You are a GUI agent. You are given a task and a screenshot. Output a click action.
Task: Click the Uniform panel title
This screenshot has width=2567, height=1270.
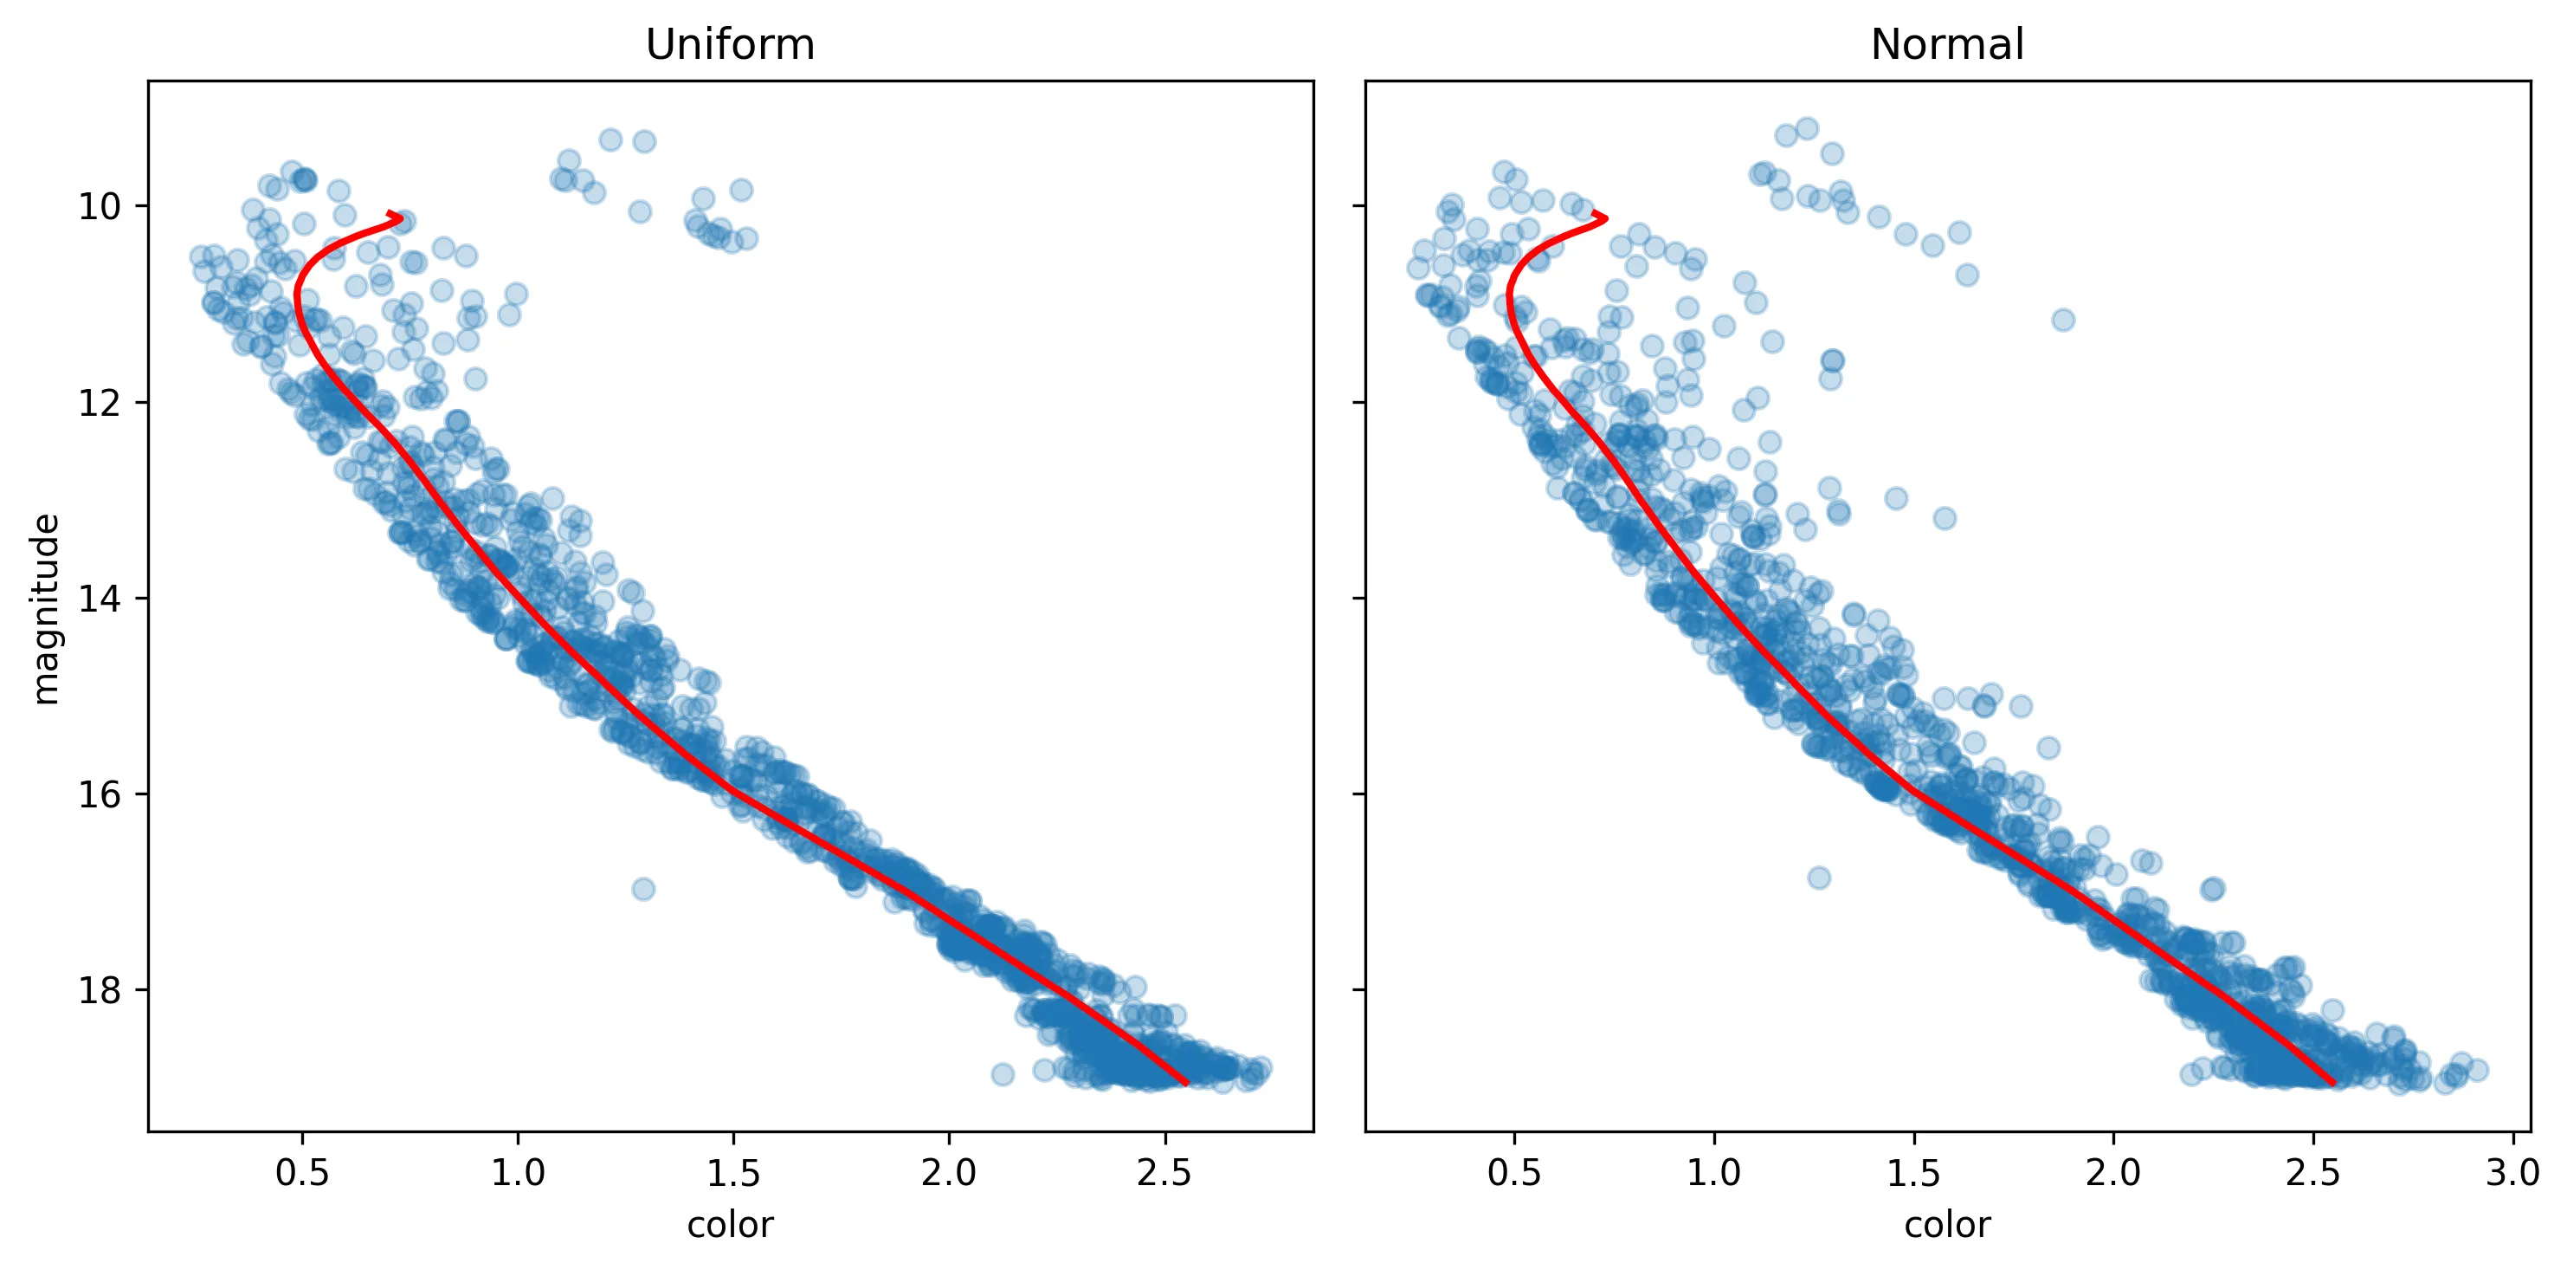(x=730, y=45)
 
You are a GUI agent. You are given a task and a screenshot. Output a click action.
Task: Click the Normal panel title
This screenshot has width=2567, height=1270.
(x=1947, y=45)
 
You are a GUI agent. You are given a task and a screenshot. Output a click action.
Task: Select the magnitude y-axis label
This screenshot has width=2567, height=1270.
(x=46, y=609)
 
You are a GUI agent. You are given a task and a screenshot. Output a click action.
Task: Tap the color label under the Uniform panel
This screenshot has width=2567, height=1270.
(x=730, y=1224)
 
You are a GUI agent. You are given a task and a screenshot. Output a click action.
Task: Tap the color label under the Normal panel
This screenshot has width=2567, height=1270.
(x=1947, y=1224)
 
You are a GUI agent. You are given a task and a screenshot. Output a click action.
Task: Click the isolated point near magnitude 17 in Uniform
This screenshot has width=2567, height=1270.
(x=644, y=888)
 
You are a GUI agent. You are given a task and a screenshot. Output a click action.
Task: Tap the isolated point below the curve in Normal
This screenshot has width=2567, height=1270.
(x=1819, y=878)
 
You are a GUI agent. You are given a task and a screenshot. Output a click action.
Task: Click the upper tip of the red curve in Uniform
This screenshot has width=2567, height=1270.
(x=401, y=216)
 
